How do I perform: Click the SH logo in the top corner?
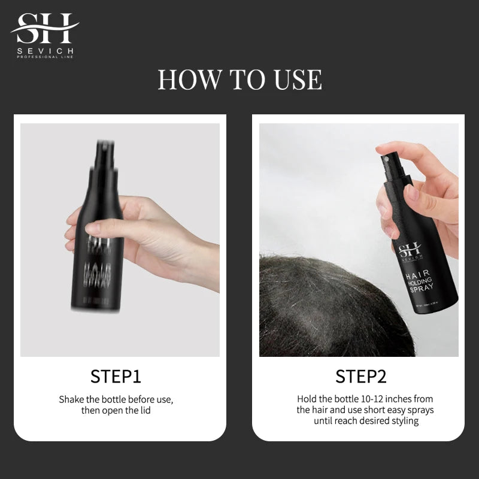coord(44,28)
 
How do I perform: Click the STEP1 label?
coord(116,376)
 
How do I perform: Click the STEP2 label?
coord(360,376)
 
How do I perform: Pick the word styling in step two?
coord(404,421)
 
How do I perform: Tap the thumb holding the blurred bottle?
coord(96,229)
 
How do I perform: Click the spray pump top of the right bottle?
coord(384,157)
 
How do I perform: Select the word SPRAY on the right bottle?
coord(421,289)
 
